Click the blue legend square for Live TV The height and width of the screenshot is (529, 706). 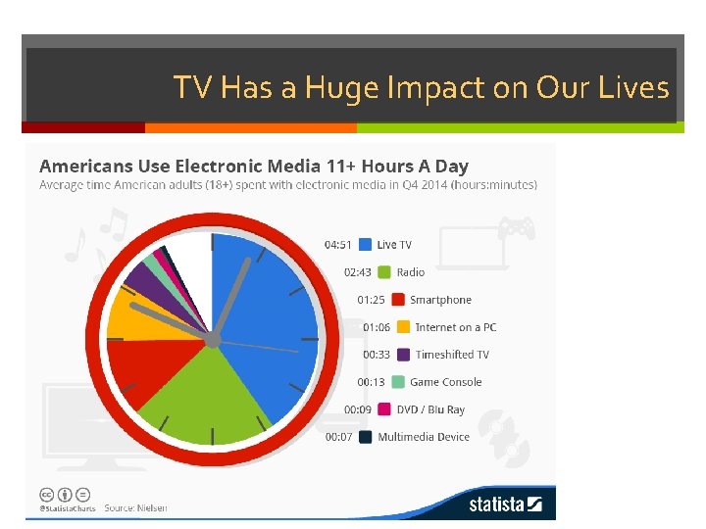[x=366, y=245]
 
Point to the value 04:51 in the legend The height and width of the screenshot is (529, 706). [x=338, y=245]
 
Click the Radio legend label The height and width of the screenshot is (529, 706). [x=410, y=272]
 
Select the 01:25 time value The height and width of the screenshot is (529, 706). [x=371, y=300]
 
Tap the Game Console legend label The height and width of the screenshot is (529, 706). [x=445, y=382]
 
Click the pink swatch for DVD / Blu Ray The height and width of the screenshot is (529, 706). [x=387, y=409]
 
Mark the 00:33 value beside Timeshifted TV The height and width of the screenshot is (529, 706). [x=377, y=355]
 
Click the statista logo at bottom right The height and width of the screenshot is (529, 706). [x=505, y=505]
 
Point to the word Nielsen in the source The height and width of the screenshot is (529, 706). [x=151, y=507]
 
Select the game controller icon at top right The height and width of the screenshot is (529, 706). [x=516, y=229]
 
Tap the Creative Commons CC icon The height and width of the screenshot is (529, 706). [x=46, y=494]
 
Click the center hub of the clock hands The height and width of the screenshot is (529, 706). [x=213, y=340]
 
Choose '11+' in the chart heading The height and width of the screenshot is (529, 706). [x=299, y=167]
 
